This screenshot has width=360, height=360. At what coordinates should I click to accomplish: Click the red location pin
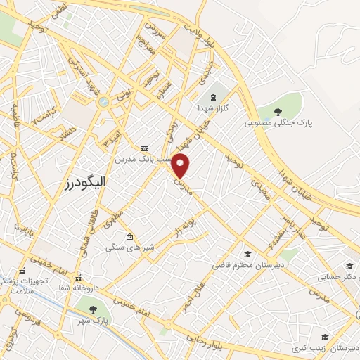pyautogui.click(x=181, y=165)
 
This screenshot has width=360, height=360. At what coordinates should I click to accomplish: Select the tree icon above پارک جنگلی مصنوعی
pyautogui.click(x=278, y=112)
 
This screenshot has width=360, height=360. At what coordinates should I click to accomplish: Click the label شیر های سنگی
pyautogui.click(x=126, y=247)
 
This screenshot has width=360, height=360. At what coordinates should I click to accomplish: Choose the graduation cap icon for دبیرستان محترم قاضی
pyautogui.click(x=247, y=254)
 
